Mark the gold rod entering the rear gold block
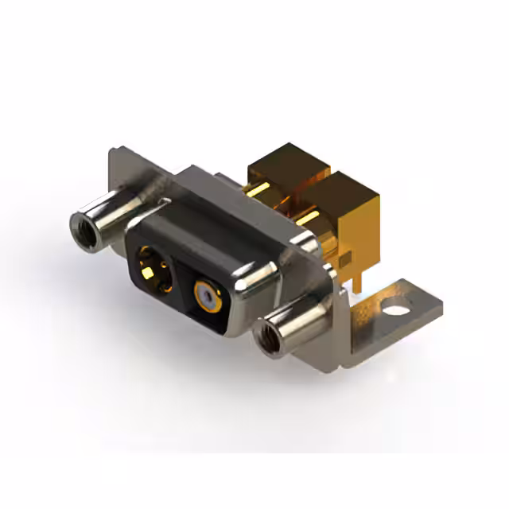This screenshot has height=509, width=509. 256,190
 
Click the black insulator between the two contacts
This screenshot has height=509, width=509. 177,278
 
